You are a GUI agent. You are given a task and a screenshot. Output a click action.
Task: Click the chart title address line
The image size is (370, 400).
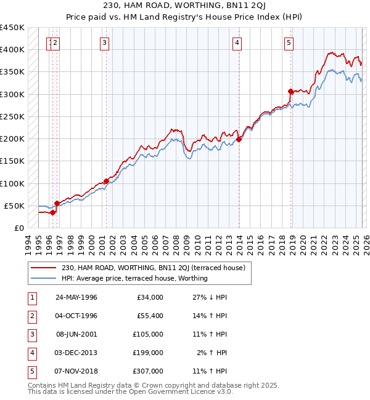pos(185,5)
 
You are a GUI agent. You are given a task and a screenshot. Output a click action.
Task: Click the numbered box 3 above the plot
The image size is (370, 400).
pos(105,42)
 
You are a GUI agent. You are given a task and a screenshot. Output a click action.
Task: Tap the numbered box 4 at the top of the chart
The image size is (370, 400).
pos(237,42)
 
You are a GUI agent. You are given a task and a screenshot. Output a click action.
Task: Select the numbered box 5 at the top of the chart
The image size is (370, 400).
pos(289,42)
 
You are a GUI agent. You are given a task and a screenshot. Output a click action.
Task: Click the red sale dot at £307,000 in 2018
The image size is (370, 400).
pos(290,91)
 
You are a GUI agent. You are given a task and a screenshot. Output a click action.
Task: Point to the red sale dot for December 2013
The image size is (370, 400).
pos(239,139)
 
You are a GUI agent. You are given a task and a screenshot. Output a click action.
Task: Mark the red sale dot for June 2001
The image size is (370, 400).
pos(106,181)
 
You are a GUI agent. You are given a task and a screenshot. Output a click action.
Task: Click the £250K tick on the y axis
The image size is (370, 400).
pos(12,116)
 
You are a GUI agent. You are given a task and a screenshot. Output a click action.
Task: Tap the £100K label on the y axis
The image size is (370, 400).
pos(12,183)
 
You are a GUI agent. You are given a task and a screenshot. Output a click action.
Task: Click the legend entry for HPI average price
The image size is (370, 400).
pos(134,278)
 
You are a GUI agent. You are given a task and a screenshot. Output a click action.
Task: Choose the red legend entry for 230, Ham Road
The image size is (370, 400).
pos(154,268)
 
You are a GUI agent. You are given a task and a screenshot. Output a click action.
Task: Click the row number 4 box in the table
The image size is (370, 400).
pos(31,352)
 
